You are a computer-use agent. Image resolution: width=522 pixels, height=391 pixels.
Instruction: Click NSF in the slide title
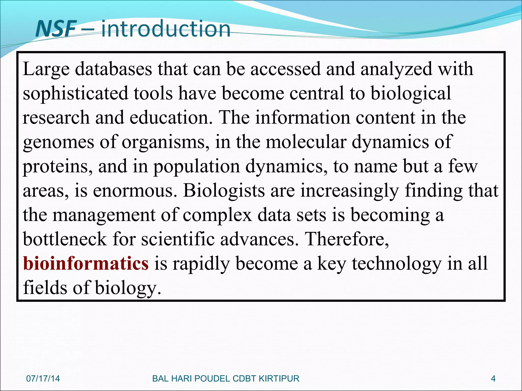[56, 29]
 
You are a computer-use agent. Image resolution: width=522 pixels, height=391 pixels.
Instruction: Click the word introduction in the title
[166, 29]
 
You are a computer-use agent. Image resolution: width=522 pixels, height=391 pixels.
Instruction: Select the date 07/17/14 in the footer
[43, 379]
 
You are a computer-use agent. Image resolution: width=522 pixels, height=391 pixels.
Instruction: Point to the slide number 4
[493, 379]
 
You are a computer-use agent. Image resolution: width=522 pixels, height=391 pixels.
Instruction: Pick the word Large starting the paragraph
[46, 69]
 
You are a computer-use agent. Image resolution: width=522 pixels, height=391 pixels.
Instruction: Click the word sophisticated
[75, 93]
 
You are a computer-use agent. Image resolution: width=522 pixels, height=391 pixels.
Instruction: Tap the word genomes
[58, 142]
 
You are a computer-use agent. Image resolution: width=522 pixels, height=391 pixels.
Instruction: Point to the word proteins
[58, 166]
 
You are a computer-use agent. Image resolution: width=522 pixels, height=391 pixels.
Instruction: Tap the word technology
[397, 264]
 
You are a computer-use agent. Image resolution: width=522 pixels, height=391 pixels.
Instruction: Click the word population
[197, 166]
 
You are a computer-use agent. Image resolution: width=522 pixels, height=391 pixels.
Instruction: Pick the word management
[104, 215]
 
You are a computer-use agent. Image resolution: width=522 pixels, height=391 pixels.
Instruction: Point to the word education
[171, 118]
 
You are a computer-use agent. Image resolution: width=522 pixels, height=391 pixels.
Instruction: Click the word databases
[113, 69]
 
